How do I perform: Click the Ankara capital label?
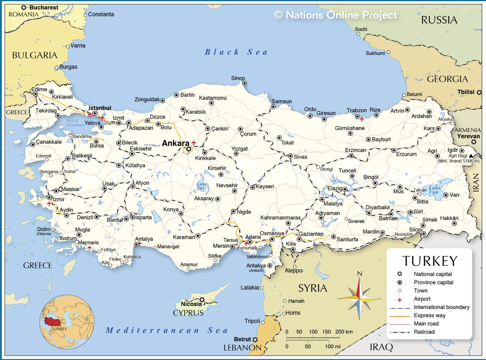pos(175,143)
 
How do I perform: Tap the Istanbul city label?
pos(100,108)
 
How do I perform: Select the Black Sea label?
pos(236,52)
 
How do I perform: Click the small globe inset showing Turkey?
pos(67,322)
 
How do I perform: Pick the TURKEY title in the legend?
pos(430,261)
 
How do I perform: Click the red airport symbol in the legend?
pos(400,299)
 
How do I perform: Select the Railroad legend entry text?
pos(424,332)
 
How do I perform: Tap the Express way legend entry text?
pos(429,315)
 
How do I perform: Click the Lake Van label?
pos(434,190)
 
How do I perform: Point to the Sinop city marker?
pos(245,84)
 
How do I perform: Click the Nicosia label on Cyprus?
pos(191,304)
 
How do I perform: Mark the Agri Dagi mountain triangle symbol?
pos(471,156)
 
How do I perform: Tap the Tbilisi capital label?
pos(466,92)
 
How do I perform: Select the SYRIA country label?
pos(313,288)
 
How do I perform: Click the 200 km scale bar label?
pos(344,332)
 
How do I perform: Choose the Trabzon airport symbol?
pos(362,119)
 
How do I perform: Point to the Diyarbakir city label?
pos(378,208)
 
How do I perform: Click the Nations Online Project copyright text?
pos(335,15)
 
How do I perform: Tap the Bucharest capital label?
pos(44,7)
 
